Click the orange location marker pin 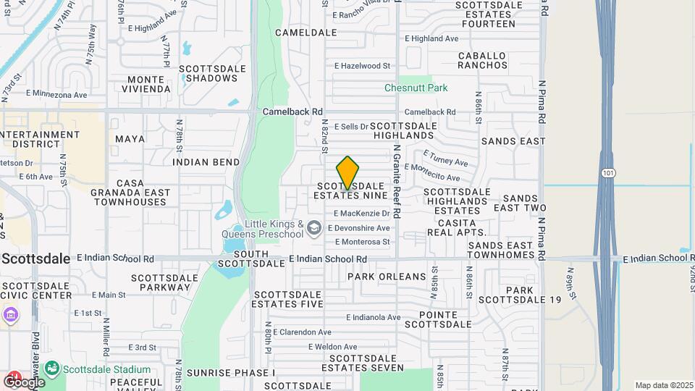[x=348, y=173]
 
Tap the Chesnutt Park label [x=416, y=88]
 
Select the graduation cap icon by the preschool [x=313, y=229]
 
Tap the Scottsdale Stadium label [x=106, y=369]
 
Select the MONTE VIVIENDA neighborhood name [x=149, y=84]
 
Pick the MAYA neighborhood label [x=130, y=138]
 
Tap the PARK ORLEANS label [x=387, y=277]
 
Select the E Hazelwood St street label [x=362, y=66]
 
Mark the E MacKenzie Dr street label [x=362, y=214]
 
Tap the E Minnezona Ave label [x=56, y=94]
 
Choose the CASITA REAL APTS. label [x=457, y=227]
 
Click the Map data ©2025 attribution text [x=663, y=385]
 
